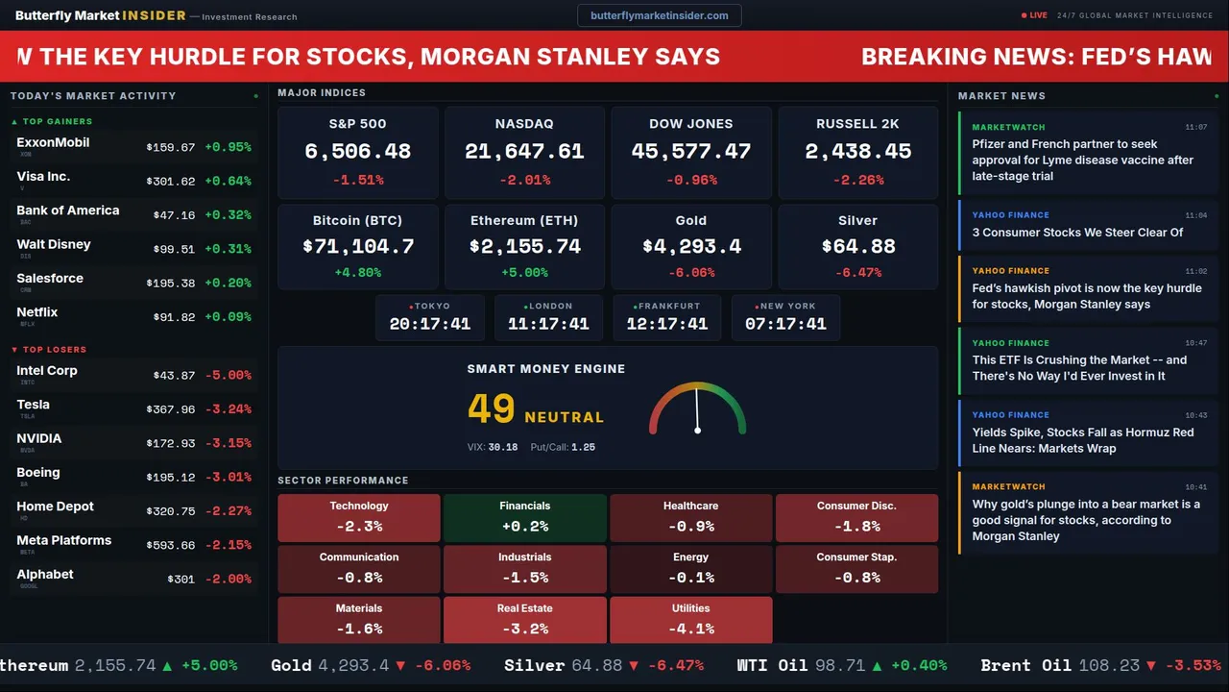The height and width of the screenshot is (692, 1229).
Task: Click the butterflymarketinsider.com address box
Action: [x=659, y=15]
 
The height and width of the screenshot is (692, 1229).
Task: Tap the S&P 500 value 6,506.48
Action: [x=357, y=151]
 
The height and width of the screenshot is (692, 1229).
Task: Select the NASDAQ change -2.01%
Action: [x=524, y=180]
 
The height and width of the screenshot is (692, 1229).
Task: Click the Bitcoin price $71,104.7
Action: [x=358, y=246]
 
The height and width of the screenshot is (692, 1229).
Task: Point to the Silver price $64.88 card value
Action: [x=857, y=246]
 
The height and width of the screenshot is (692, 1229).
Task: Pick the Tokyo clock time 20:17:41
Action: [x=430, y=324]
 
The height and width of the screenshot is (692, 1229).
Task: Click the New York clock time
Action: [x=785, y=324]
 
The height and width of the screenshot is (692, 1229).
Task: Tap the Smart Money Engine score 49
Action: [x=492, y=409]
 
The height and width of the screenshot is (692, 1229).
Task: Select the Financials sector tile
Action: [x=524, y=517]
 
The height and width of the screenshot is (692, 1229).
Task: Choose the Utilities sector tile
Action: [x=690, y=620]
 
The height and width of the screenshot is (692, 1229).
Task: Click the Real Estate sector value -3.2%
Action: [x=524, y=629]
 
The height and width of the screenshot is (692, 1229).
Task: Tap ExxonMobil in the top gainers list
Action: [x=53, y=142]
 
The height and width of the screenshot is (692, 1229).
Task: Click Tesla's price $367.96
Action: [x=170, y=409]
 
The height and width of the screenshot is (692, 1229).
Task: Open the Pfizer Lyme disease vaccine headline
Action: [x=1082, y=160]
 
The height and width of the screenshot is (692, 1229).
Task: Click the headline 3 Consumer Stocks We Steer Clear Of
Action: [x=1077, y=233]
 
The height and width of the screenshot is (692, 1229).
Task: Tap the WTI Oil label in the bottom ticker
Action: [x=772, y=665]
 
